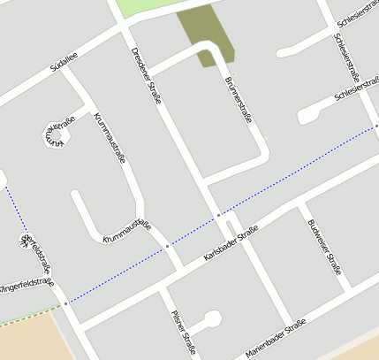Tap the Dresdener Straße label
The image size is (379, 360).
click(x=146, y=75)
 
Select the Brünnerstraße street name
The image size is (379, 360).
click(x=239, y=104)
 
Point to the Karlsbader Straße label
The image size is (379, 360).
click(x=230, y=243)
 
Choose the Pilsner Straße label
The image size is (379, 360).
click(x=183, y=330)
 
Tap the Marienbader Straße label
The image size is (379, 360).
click(x=275, y=337)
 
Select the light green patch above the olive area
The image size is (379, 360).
click(x=141, y=7)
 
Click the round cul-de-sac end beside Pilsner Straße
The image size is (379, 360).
click(x=211, y=318)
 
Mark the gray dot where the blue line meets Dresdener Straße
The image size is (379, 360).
click(x=218, y=215)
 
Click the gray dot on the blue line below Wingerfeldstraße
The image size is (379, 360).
click(x=65, y=303)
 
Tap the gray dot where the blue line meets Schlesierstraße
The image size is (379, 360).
click(x=375, y=126)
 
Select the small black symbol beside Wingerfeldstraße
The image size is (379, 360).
click(x=24, y=239)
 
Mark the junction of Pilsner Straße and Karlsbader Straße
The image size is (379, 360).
click(x=163, y=287)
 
